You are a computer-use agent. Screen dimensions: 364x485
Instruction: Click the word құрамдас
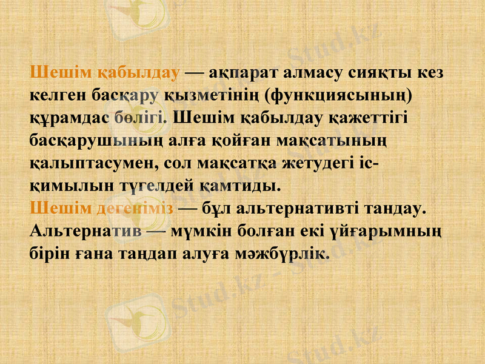click(69, 118)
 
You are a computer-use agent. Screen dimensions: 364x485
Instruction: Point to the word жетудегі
click(312, 164)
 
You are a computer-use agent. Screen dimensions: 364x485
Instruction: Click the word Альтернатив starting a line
click(85, 231)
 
